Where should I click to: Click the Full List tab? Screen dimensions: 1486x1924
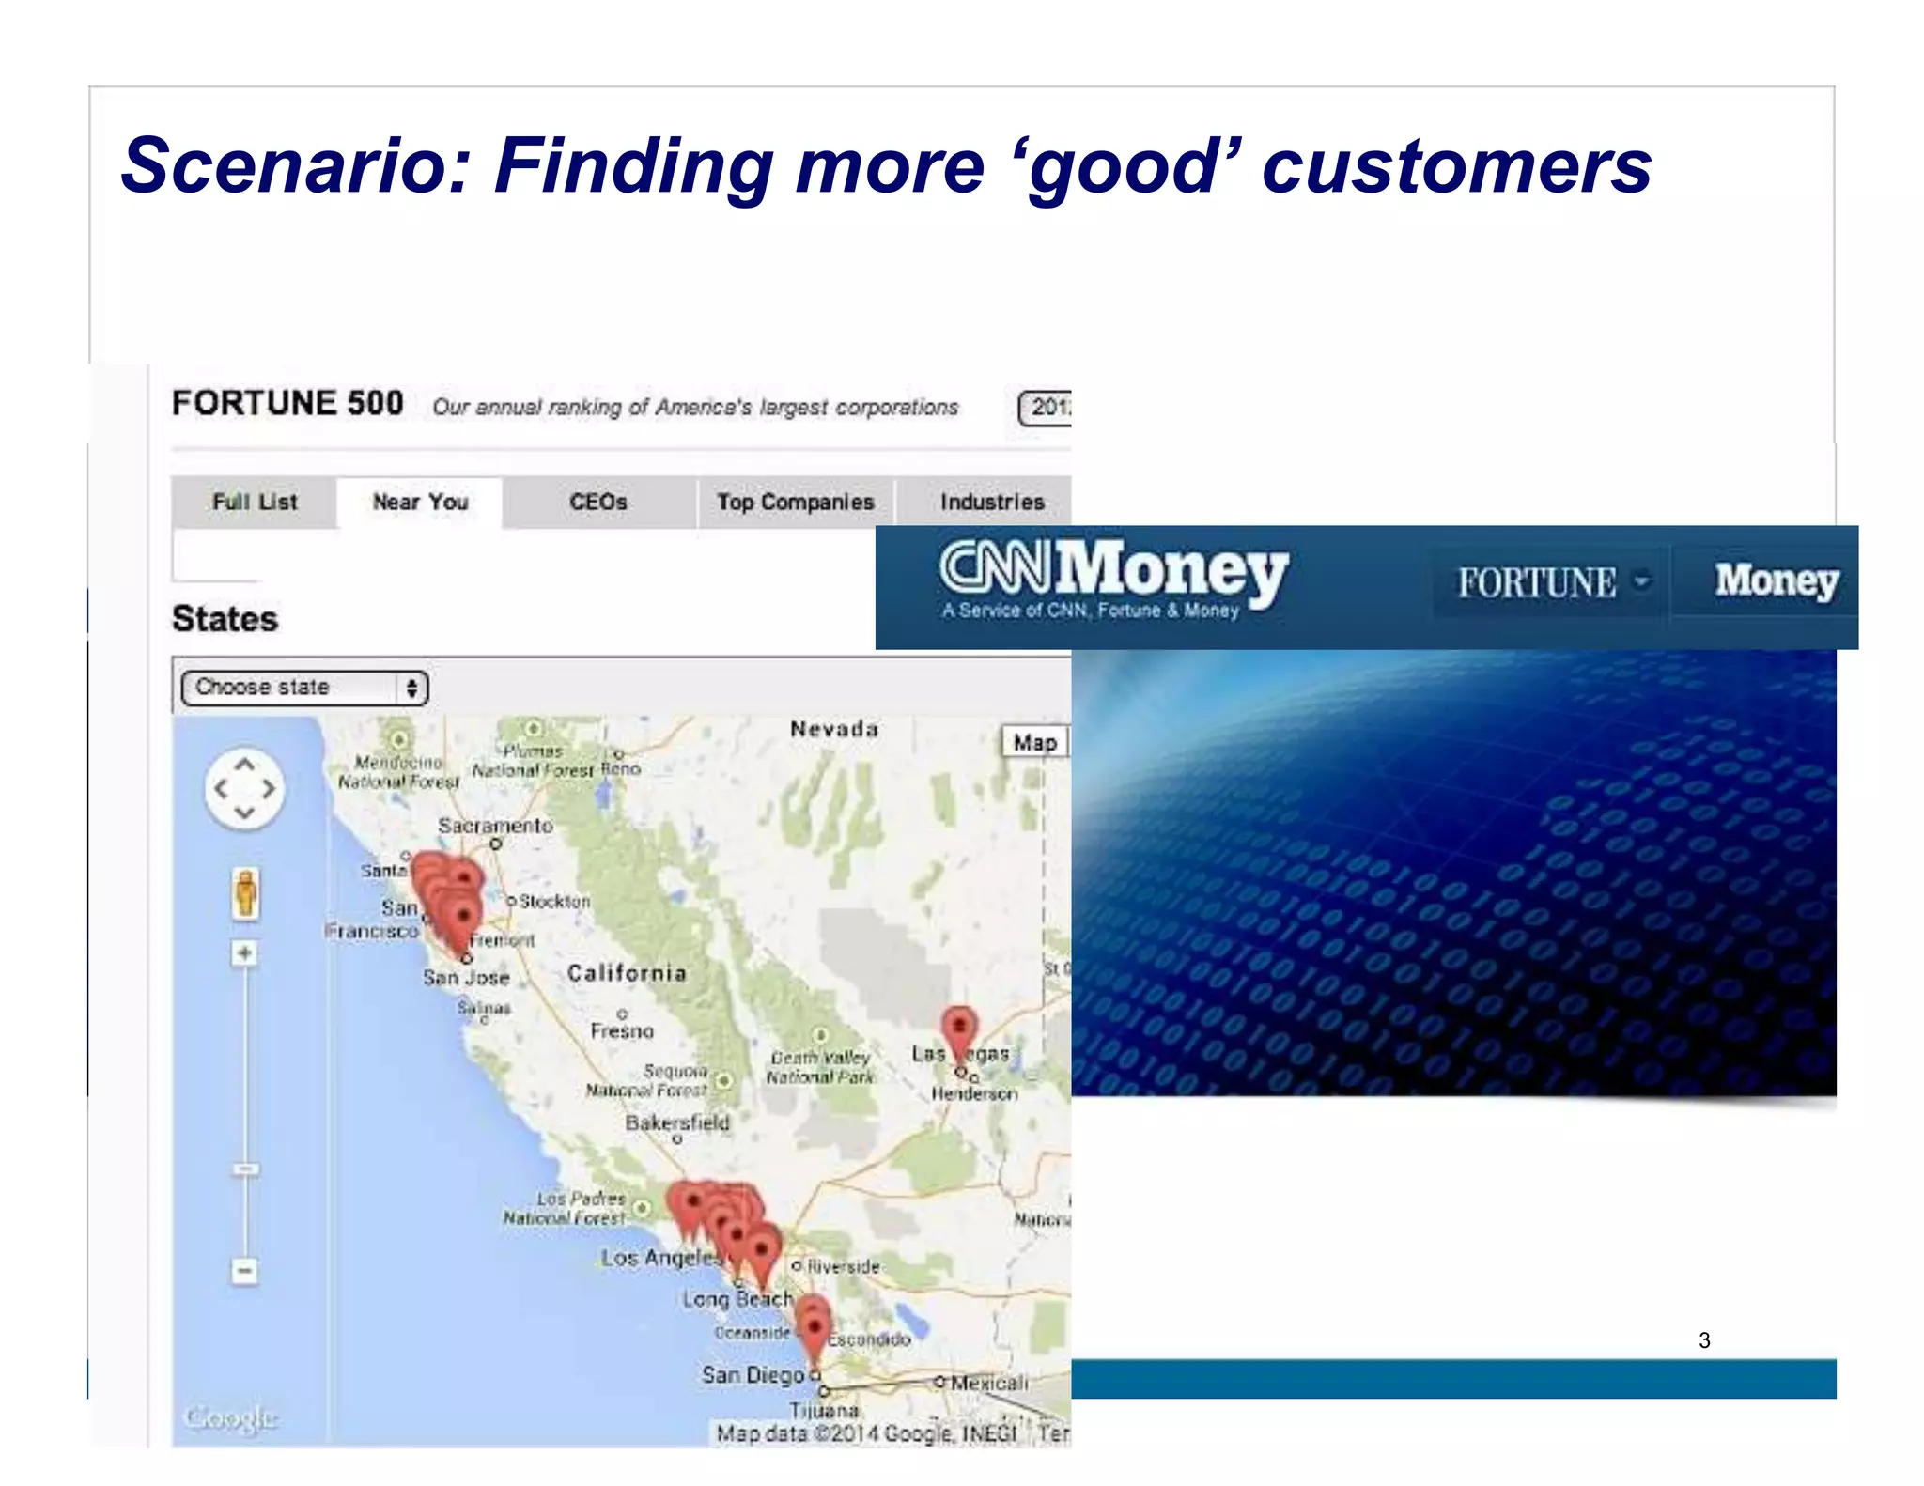[255, 503]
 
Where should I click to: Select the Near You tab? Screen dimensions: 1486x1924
[420, 503]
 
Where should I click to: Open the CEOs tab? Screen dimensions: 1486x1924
[598, 503]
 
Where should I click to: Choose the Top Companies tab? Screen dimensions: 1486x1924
[795, 503]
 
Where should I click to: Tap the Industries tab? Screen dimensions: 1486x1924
[992, 503]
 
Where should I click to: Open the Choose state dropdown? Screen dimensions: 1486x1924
[304, 688]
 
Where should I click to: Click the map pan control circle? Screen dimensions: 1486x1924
[244, 789]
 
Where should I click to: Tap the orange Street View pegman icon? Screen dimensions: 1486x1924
[245, 893]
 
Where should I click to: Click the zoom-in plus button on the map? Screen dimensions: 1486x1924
[244, 954]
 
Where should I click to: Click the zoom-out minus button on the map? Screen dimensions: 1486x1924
[244, 1271]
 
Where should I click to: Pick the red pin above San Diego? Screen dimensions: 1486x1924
[814, 1326]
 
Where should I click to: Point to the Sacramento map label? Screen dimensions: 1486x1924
[495, 826]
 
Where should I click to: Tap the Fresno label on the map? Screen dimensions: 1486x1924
[622, 1031]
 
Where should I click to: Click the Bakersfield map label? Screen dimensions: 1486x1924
[677, 1122]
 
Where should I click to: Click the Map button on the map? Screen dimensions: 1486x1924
[1034, 743]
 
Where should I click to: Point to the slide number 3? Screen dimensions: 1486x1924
[1704, 1340]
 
